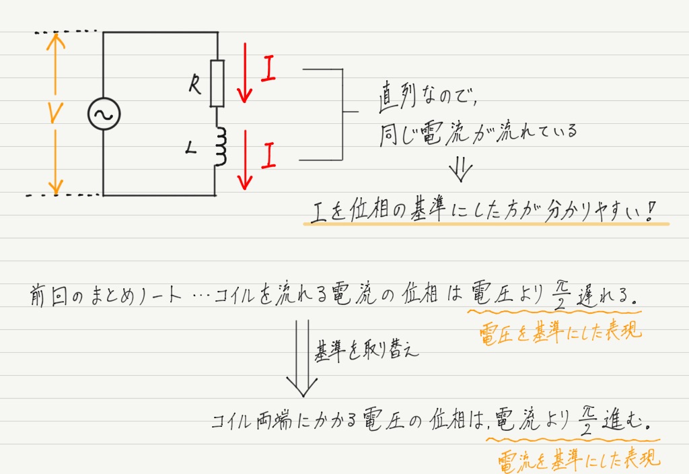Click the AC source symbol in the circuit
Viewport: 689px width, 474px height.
point(104,113)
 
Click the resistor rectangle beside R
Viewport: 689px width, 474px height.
point(217,83)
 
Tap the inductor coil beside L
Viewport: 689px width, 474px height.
point(221,146)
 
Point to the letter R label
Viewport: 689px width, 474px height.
point(195,84)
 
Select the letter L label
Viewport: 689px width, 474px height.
point(190,148)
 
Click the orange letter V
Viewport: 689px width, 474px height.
point(55,113)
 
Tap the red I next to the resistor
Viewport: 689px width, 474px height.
point(268,68)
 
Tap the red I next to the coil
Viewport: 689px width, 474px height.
point(268,156)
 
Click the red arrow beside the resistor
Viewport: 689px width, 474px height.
point(245,73)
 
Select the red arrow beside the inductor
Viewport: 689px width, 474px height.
point(245,160)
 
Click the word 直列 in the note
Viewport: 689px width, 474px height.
point(397,96)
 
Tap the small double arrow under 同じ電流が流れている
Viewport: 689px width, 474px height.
point(460,169)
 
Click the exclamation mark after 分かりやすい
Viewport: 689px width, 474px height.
point(651,211)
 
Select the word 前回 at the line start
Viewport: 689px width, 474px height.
point(48,294)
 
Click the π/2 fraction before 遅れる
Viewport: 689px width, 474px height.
point(560,294)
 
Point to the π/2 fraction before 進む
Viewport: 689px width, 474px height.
point(587,420)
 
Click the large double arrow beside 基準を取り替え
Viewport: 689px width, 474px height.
point(302,358)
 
